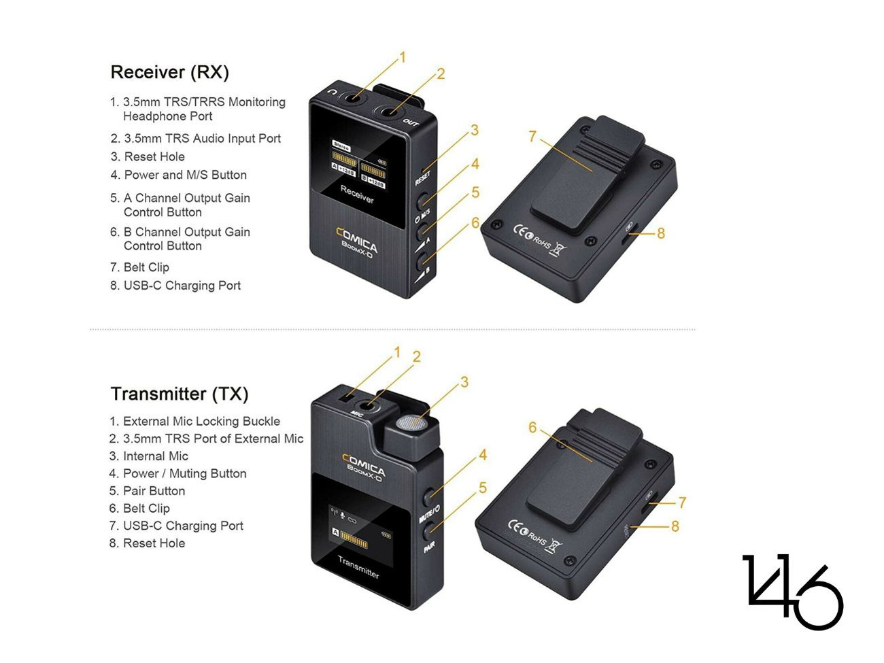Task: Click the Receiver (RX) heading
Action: point(169,72)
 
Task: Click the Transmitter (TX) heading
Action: point(180,394)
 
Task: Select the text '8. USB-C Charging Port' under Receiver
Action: point(175,286)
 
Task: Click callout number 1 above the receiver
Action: point(402,58)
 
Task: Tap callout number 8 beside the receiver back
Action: point(660,233)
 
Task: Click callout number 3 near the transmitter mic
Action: point(464,382)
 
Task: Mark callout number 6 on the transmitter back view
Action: point(532,428)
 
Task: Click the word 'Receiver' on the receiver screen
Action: point(357,194)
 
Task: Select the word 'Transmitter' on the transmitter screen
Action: point(358,566)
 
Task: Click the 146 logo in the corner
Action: point(792,591)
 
